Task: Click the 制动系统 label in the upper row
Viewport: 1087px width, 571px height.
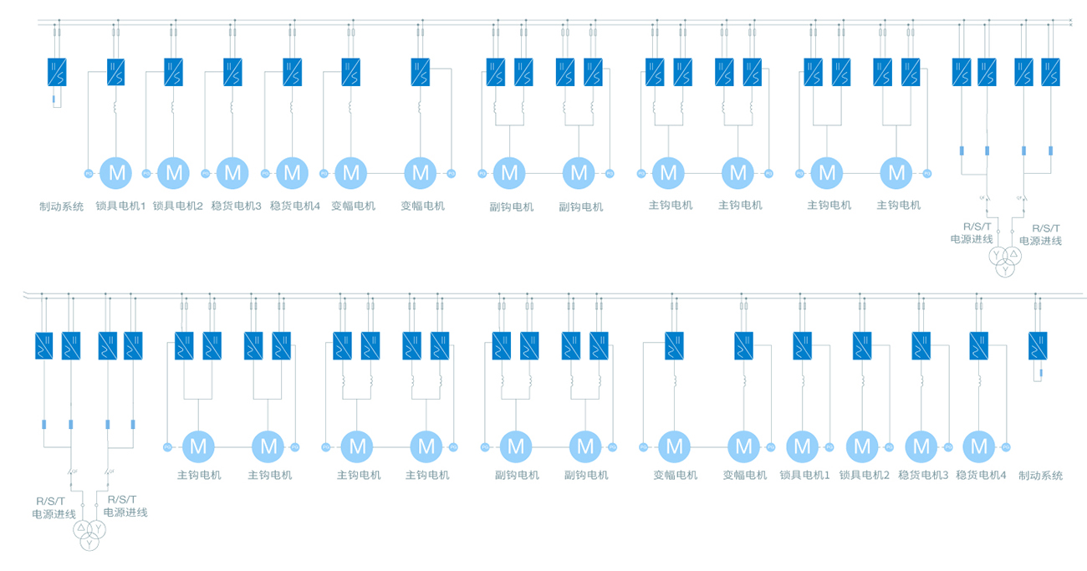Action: [x=61, y=206]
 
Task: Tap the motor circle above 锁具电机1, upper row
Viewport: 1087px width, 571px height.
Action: [x=117, y=174]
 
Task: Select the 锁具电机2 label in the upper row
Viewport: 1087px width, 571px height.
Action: [x=177, y=206]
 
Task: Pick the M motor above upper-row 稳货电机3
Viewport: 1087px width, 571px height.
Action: [x=232, y=174]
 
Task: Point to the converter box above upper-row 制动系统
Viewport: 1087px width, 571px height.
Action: [x=58, y=72]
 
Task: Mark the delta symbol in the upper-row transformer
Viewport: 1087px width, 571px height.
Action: [x=1013, y=253]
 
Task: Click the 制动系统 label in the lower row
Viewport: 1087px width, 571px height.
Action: [x=1041, y=476]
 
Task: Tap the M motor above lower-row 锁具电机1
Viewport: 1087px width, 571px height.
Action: [x=802, y=446]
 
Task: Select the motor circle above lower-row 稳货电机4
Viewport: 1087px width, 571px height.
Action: [x=980, y=446]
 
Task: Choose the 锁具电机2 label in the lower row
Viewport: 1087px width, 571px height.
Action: [x=864, y=476]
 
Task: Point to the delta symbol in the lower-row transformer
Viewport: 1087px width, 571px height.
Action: [x=81, y=529]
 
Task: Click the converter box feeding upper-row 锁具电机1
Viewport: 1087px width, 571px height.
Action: [x=116, y=72]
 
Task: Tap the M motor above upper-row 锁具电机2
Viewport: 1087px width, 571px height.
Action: [x=174, y=174]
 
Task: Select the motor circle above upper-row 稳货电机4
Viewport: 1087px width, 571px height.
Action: [x=292, y=174]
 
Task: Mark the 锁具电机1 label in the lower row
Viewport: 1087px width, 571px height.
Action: [x=804, y=476]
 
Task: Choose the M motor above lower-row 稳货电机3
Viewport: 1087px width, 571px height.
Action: [x=921, y=446]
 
